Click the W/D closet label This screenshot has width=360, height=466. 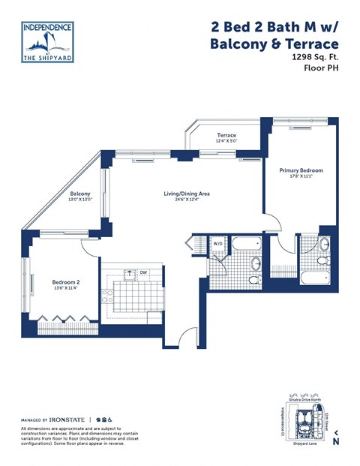tap(218, 243)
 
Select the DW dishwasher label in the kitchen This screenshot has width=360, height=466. tap(142, 273)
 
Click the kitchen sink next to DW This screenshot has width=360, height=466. tap(130, 274)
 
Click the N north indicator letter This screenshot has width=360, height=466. tap(336, 441)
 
